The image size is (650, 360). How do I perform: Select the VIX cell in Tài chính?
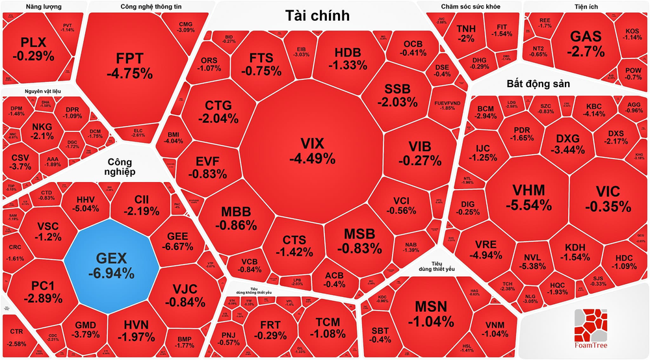(x=317, y=150)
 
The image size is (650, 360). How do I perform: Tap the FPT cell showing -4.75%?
(x=134, y=63)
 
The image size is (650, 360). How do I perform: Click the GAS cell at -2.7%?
(x=586, y=44)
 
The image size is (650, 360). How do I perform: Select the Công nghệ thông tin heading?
(x=151, y=7)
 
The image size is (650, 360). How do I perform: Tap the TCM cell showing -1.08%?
(x=327, y=328)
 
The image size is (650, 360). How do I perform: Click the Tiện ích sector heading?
(x=586, y=7)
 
